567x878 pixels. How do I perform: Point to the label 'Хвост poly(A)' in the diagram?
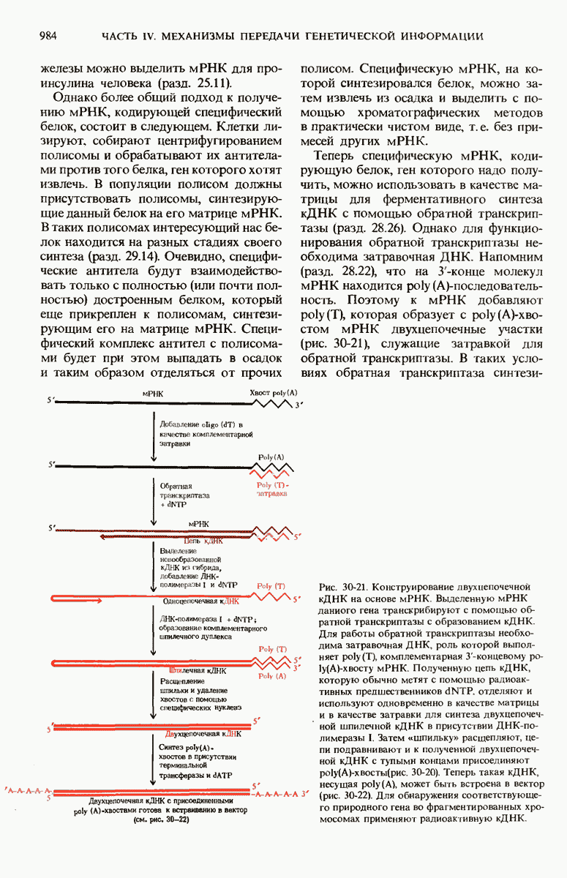(273, 394)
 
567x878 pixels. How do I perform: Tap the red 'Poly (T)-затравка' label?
(273, 490)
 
